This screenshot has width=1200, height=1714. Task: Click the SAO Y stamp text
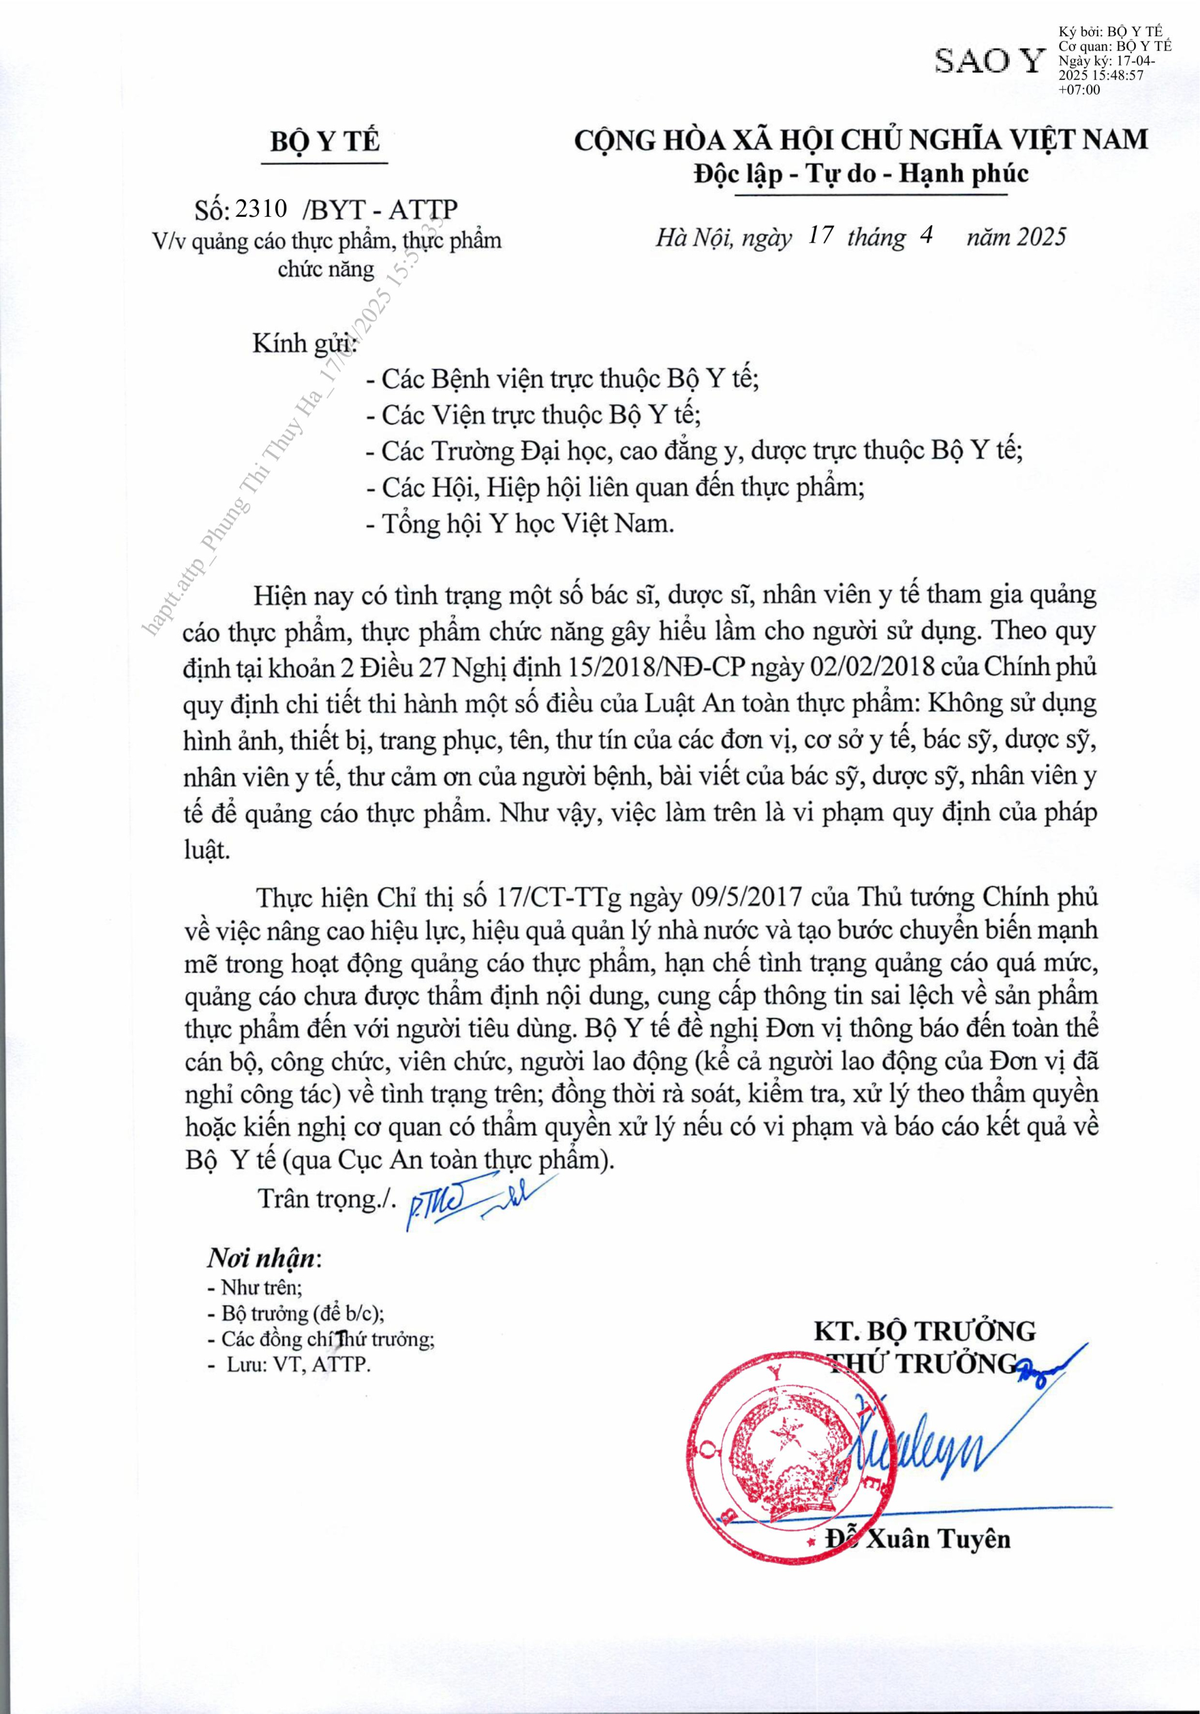point(990,61)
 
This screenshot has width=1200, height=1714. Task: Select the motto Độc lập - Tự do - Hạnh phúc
point(861,174)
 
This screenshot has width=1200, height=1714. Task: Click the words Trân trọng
point(324,1198)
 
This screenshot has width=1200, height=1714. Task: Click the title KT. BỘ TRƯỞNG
point(924,1330)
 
